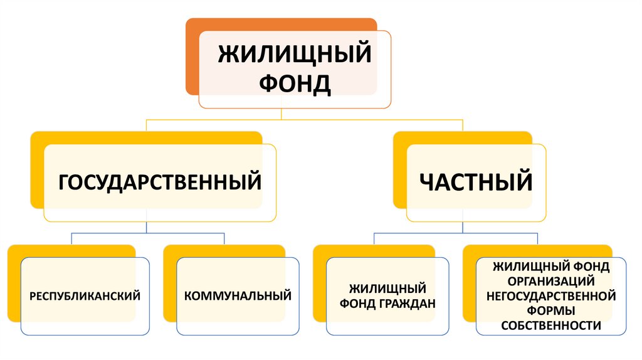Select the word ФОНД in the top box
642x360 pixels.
[x=294, y=83]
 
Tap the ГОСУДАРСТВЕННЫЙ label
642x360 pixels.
[x=160, y=183]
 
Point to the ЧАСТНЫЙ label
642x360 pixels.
[x=476, y=183]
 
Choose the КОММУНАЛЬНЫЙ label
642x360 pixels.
[x=238, y=295]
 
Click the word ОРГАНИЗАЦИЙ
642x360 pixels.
[x=551, y=280]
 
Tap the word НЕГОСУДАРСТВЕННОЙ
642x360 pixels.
[x=551, y=295]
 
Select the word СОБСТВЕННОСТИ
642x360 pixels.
[x=551, y=325]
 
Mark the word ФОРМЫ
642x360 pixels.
[x=551, y=310]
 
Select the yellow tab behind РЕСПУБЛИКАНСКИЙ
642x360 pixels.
[x=14, y=282]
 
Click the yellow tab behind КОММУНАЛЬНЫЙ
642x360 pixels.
[x=169, y=282]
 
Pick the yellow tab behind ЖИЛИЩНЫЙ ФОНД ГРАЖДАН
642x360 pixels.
[x=319, y=282]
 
